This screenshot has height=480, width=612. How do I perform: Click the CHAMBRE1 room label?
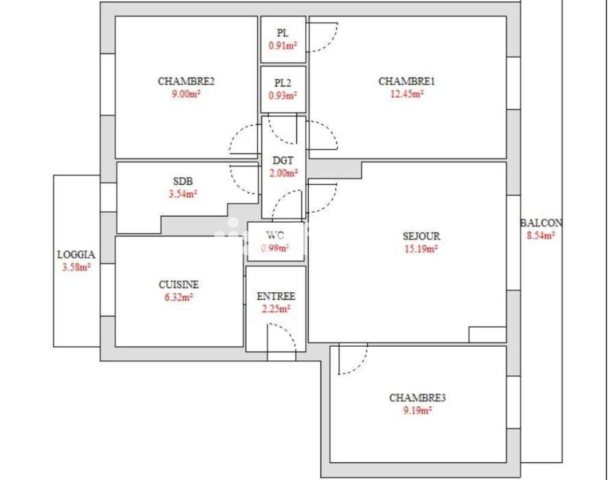point(406,81)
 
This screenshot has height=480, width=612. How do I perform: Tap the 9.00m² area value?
point(186,94)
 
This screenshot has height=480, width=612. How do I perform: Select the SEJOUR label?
point(421,236)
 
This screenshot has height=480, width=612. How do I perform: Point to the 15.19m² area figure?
point(420,249)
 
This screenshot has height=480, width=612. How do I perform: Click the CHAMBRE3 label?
point(417,398)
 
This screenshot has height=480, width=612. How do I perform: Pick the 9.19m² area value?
point(417,410)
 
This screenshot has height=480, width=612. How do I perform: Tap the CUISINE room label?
point(179,284)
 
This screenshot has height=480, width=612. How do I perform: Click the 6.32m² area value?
point(179,297)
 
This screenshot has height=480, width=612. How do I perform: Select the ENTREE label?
point(276,296)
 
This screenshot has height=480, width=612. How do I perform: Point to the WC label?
point(275,235)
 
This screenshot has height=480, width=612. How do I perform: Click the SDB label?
point(183,181)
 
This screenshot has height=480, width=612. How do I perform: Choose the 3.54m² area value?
point(183,193)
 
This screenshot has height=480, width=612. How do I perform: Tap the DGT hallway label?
point(283,160)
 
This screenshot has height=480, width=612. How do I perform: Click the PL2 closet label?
point(282,83)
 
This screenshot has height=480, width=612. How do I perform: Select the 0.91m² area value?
point(282,45)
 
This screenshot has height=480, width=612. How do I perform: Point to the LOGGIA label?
point(76,255)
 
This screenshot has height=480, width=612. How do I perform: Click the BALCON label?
point(541,223)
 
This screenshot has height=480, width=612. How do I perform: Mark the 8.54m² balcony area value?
point(541,235)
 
